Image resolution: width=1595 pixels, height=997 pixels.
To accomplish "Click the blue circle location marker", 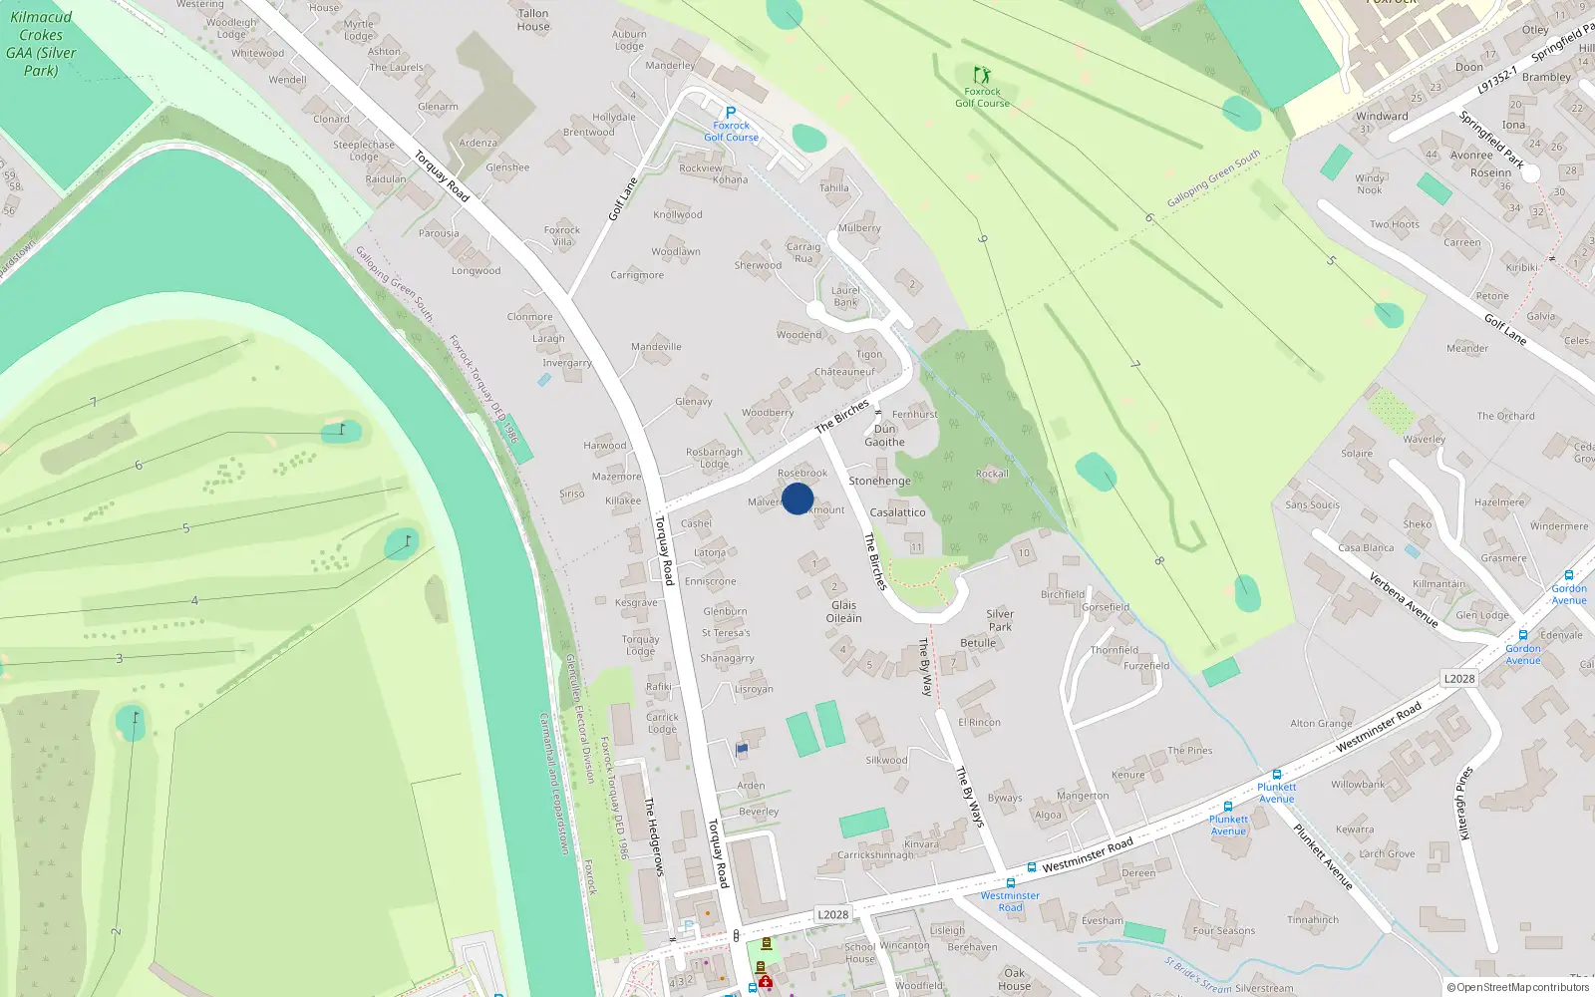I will coord(797,498).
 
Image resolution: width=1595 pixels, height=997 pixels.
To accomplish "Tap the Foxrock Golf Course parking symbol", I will coord(731,113).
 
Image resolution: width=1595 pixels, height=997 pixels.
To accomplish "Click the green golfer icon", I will coord(982,75).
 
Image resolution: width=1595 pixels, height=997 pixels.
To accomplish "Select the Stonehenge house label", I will coord(879,481).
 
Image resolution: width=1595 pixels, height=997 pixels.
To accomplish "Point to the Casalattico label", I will coord(897,512).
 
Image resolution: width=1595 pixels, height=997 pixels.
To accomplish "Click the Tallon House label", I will coord(533,20).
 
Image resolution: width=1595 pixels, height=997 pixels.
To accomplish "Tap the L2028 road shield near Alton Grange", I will coord(1459,679).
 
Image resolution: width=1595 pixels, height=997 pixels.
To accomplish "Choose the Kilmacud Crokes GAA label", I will coord(41,44).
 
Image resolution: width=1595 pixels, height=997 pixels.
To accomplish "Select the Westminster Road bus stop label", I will coord(1010,901).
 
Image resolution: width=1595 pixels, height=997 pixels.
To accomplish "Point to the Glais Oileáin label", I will coord(843,611).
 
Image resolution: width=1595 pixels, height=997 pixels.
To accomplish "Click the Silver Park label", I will coord(1000,620).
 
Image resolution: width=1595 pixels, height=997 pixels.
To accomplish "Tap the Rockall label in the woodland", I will coord(992,474).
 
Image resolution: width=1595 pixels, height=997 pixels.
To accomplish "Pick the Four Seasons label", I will coord(1223,931).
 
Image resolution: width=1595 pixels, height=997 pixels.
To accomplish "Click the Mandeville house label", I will coord(656,347).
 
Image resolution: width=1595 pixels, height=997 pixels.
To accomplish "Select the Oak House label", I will coord(1014,979).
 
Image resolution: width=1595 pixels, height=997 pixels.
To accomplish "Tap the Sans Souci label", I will coord(1312,504).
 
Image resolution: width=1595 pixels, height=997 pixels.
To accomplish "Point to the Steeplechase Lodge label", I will coord(364,151).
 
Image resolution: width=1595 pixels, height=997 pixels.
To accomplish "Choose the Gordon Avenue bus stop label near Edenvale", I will coord(1523,654).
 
